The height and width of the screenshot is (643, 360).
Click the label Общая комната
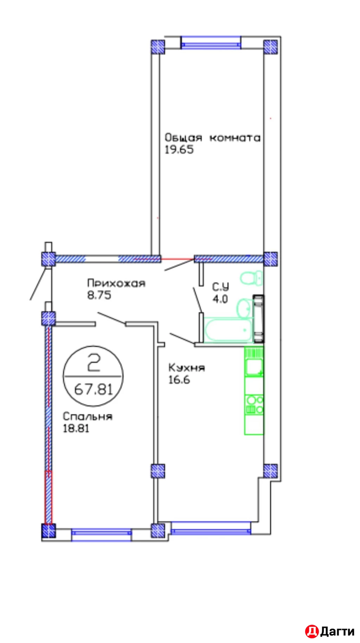pos(212,138)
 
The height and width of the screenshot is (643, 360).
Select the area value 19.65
pos(179,150)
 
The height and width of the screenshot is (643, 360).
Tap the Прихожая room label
pos(116,283)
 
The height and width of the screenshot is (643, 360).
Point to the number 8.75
pos(99,295)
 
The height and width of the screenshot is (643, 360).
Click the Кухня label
pos(186,368)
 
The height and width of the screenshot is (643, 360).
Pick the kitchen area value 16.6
pos(179,380)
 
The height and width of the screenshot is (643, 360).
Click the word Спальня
pos(88,417)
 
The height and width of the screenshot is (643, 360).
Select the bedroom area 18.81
pos(76,429)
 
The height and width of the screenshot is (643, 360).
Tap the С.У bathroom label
pos(220,287)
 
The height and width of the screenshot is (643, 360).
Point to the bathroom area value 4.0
pos(220,299)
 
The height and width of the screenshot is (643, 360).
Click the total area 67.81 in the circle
pos(93,390)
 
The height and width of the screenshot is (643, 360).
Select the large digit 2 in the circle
pos(94,363)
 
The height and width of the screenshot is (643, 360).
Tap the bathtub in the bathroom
pos(228,330)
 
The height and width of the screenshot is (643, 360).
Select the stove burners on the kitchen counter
pos(255,405)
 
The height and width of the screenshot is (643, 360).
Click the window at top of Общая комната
pos(211,43)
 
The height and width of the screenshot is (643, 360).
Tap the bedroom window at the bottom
pos(101,534)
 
